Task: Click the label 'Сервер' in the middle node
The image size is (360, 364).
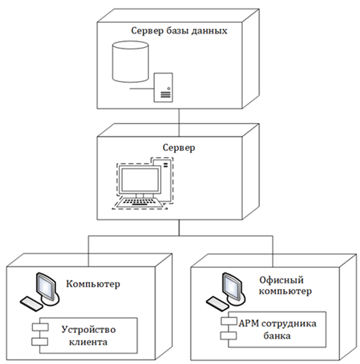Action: (x=179, y=148)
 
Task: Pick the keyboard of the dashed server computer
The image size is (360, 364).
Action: (x=141, y=202)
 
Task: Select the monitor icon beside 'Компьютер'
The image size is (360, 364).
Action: (x=45, y=284)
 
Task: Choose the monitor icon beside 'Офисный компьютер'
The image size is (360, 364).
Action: (x=231, y=284)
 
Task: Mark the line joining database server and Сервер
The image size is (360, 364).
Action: (x=180, y=119)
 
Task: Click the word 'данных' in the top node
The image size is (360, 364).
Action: (x=210, y=31)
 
